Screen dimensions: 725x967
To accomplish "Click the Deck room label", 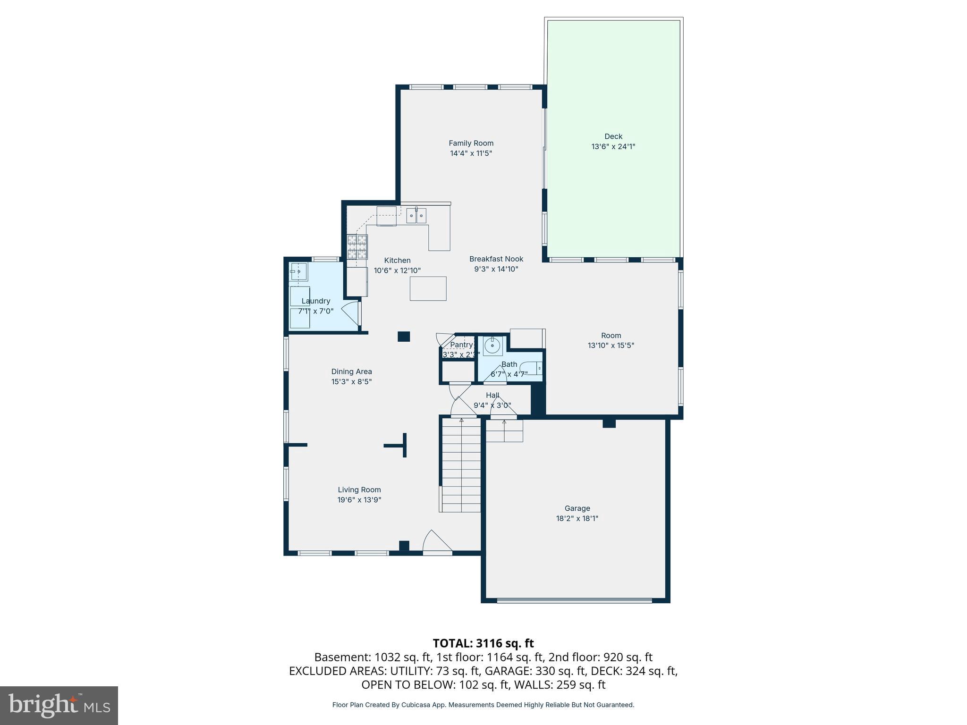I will [x=613, y=136].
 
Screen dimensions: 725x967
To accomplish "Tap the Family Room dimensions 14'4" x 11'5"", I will [x=471, y=153].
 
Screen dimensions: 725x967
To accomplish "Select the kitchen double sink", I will [x=416, y=216].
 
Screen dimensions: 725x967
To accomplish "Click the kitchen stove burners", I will [x=357, y=247].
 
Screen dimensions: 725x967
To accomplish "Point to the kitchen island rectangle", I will [x=428, y=288].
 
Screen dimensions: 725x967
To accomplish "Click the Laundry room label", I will [x=315, y=301].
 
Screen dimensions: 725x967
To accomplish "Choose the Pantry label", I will [x=461, y=345].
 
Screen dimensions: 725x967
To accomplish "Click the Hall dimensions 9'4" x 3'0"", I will [x=492, y=405].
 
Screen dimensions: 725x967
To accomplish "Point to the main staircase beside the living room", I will [x=461, y=465].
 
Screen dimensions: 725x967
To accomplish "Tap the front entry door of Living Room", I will [x=437, y=541].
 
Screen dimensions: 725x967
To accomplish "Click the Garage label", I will [x=577, y=508].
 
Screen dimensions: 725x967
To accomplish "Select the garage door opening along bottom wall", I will [x=574, y=600].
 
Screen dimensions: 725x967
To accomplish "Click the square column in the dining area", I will [x=403, y=337].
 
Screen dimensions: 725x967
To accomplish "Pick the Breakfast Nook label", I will [x=496, y=259].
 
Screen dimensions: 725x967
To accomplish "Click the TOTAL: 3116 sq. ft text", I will [x=483, y=643].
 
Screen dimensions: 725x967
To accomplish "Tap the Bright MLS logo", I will [x=59, y=705].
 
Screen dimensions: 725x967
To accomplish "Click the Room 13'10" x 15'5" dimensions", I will [x=611, y=346].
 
